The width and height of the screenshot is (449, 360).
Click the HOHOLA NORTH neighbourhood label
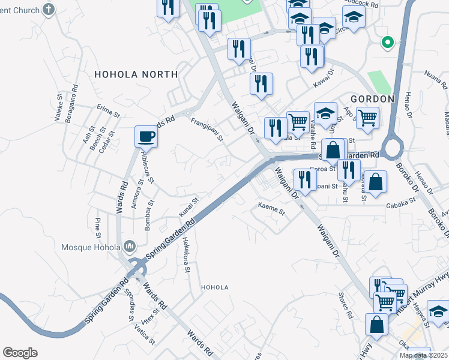[136, 74]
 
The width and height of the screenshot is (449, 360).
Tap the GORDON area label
[373, 98]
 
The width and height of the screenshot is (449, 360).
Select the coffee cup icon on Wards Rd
[146, 137]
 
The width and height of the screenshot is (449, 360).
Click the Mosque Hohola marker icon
[130, 247]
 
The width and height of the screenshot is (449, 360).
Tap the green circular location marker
[388, 43]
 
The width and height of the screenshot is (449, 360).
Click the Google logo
[20, 353]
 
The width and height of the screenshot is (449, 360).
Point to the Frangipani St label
[207, 129]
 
